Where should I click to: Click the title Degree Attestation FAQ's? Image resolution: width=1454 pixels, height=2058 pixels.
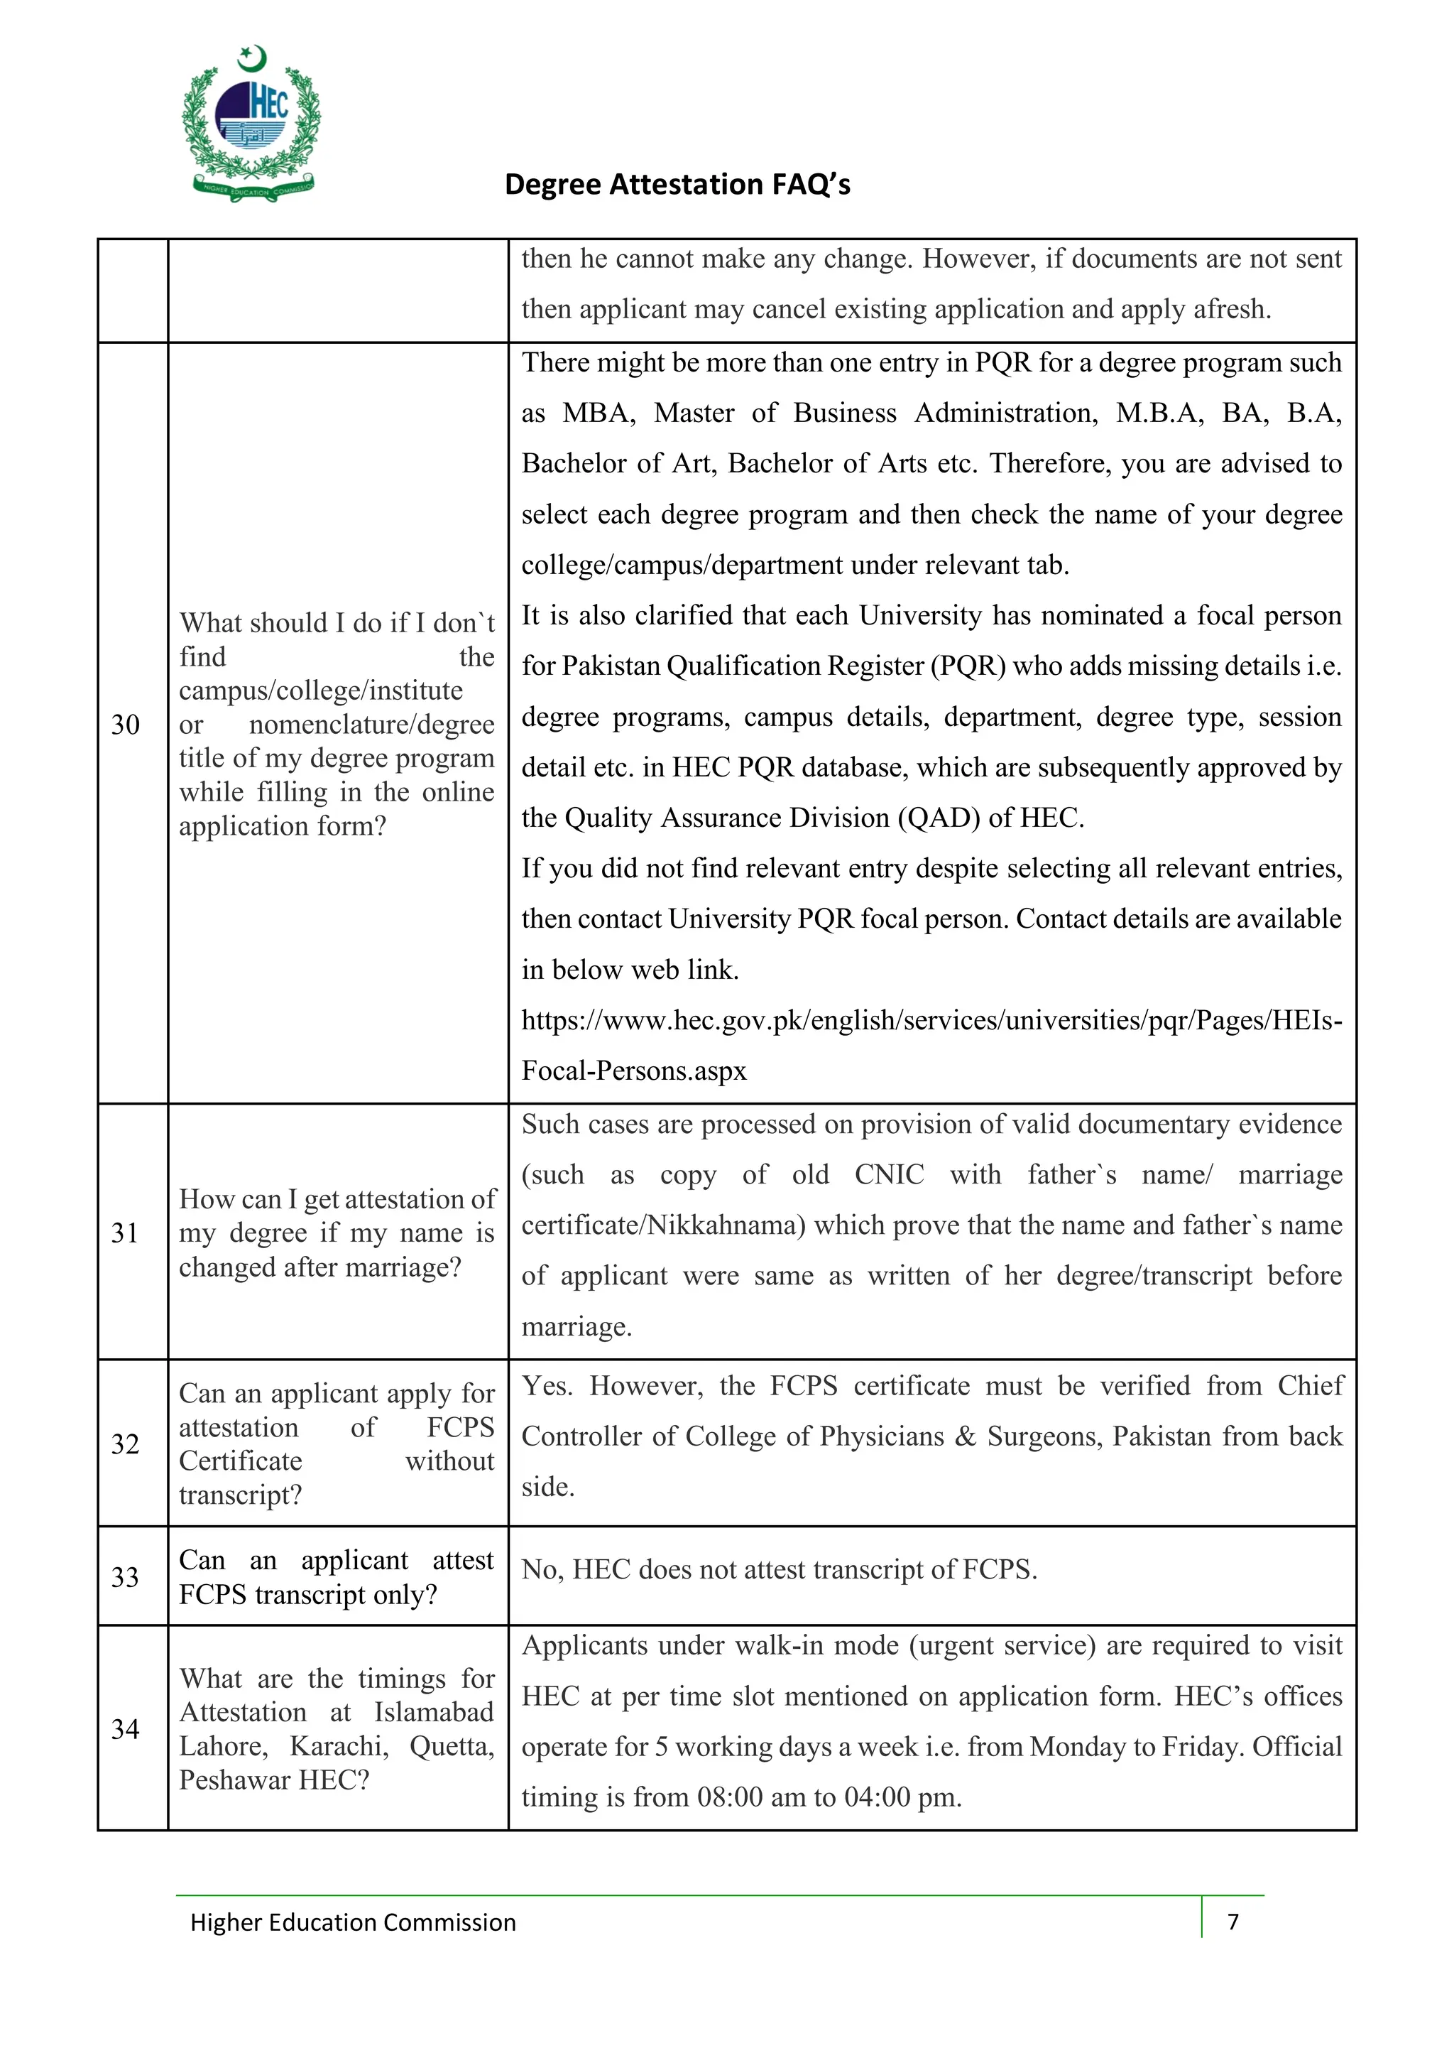click(677, 184)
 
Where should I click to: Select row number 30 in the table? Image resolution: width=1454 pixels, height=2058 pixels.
click(126, 725)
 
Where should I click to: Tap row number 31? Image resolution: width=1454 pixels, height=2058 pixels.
click(126, 1233)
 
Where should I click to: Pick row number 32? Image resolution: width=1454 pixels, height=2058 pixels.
click(126, 1444)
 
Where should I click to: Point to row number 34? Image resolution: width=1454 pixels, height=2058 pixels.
click(126, 1729)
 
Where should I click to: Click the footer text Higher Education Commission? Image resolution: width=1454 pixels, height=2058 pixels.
click(353, 1922)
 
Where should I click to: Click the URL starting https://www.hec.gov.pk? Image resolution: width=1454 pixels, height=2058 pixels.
click(931, 1020)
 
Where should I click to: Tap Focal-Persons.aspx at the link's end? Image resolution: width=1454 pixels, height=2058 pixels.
click(633, 1071)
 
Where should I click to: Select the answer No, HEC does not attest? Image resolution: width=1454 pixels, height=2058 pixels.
click(779, 1569)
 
